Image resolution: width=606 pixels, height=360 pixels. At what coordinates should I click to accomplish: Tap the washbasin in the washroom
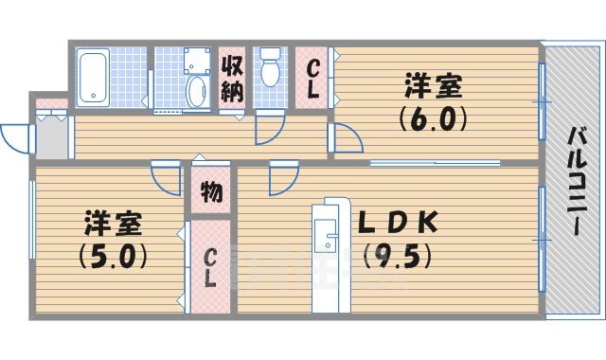point(198,92)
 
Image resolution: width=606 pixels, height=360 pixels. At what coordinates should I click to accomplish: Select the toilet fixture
point(270,69)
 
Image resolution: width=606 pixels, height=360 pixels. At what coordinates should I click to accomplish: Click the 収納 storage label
point(233,79)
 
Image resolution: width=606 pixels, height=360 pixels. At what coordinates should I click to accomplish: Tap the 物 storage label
point(211,193)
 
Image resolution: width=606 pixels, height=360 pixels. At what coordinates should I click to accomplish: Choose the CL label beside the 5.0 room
point(210,267)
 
